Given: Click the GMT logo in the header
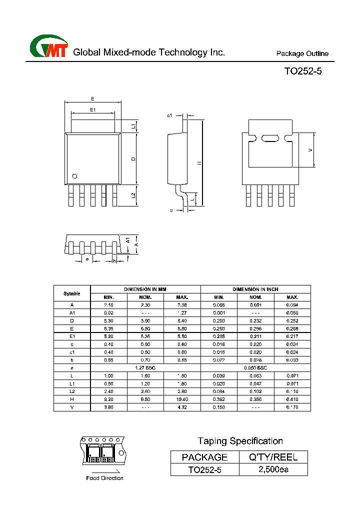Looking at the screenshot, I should pyautogui.click(x=48, y=47).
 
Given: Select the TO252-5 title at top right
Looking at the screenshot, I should pyautogui.click(x=303, y=71).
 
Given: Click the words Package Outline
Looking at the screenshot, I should pyautogui.click(x=302, y=54).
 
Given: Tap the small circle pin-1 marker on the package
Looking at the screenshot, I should pyautogui.click(x=74, y=176).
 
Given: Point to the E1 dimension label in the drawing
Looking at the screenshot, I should pyautogui.click(x=92, y=109).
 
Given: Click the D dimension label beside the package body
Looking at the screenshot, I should pyautogui.click(x=133, y=158).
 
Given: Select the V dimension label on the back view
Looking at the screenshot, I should pyautogui.click(x=310, y=150).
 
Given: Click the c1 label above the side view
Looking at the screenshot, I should pyautogui.click(x=169, y=115).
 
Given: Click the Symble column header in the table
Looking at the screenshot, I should pyautogui.click(x=72, y=293).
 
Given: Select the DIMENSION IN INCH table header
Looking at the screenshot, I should pyautogui.click(x=255, y=289).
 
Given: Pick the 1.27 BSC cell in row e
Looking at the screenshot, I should pyautogui.click(x=145, y=367).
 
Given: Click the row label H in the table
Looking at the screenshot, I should pyautogui.click(x=72, y=399).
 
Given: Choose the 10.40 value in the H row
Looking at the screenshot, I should pyautogui.click(x=182, y=399).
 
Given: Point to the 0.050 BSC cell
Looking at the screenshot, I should pyautogui.click(x=255, y=367).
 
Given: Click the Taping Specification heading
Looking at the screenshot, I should pyautogui.click(x=240, y=441).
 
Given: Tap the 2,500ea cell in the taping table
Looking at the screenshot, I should pyautogui.click(x=273, y=469).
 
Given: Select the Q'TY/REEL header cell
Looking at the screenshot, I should pyautogui.click(x=273, y=456).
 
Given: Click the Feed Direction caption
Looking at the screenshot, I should pyautogui.click(x=105, y=478).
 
